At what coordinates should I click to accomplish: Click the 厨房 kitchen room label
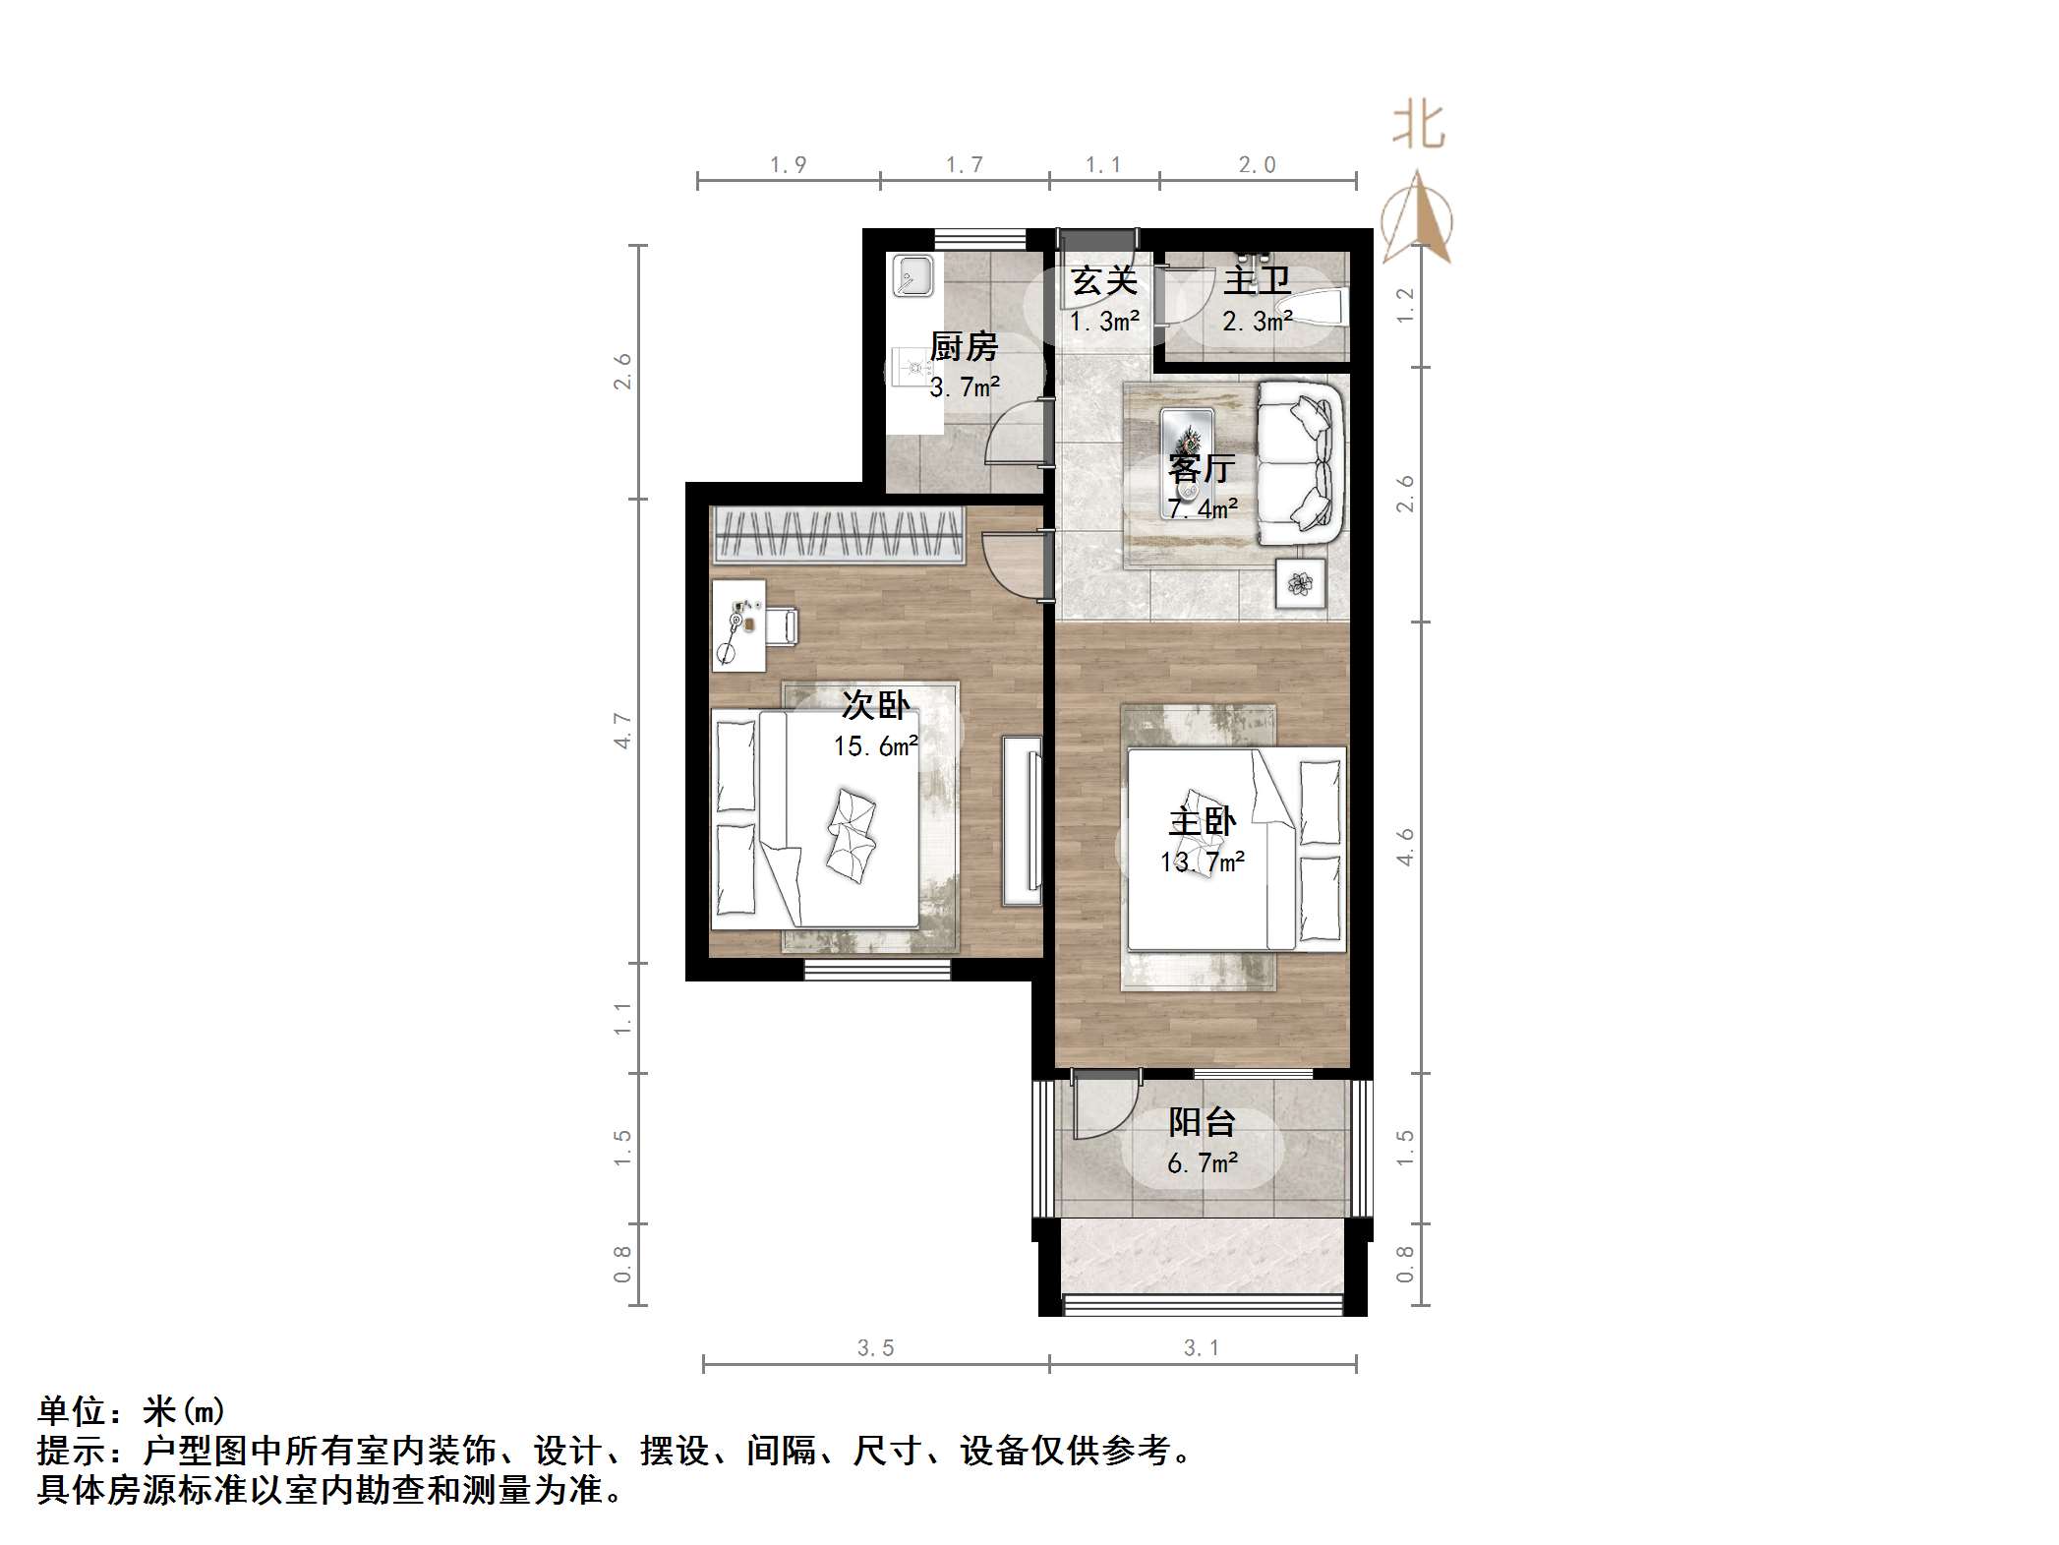point(964,346)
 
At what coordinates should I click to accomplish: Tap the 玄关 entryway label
point(1104,281)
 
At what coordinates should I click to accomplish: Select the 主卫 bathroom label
point(1257,281)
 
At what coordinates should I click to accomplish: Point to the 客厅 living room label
point(1201,468)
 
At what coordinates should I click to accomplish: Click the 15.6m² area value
point(875,746)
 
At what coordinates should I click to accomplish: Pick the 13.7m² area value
point(1202,862)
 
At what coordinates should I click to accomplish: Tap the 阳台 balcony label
point(1202,1122)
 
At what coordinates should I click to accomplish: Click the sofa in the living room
point(1300,462)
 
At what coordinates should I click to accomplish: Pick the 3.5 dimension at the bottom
point(875,1348)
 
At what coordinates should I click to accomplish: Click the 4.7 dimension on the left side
point(623,731)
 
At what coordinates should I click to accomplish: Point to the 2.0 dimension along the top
point(1257,165)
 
